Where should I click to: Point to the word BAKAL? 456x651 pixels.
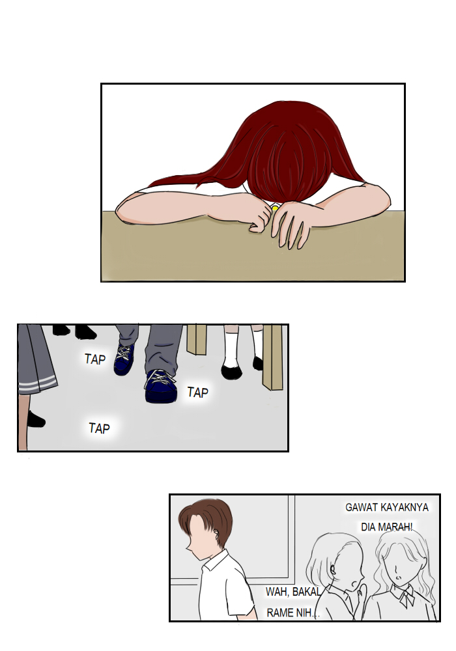tap(306, 592)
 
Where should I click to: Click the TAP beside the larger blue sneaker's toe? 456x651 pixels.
tap(197, 393)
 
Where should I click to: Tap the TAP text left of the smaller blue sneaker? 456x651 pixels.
tap(95, 359)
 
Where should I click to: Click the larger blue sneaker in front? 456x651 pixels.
tap(161, 386)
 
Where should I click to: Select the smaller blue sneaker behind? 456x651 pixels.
tap(124, 359)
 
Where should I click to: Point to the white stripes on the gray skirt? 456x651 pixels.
tap(38, 383)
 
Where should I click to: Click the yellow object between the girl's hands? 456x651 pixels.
tap(274, 207)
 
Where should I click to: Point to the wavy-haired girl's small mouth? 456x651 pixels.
tap(397, 577)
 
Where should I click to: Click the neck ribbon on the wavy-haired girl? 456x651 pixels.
tap(406, 596)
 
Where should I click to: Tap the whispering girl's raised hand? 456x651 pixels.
tap(362, 593)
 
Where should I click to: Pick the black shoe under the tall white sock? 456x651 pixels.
tap(231, 372)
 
